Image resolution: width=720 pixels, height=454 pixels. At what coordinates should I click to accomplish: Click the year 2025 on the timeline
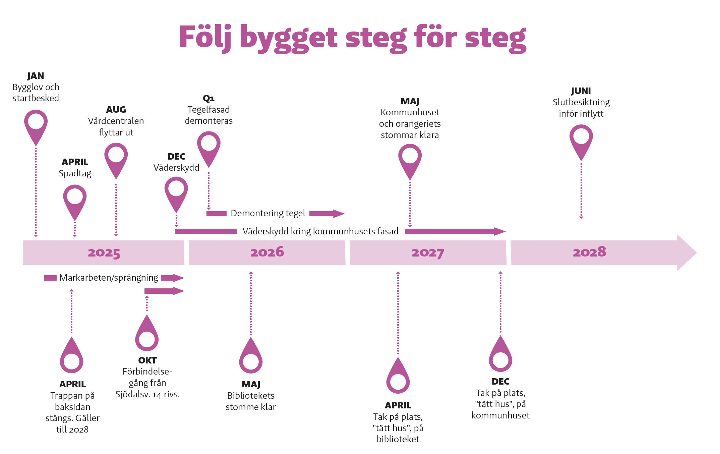pos(104,253)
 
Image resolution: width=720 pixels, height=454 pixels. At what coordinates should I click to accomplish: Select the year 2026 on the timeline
pos(267,252)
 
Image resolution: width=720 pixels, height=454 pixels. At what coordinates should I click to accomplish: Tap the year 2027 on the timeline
pos(428,253)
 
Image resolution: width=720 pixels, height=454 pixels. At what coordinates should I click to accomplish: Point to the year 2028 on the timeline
pos(589,252)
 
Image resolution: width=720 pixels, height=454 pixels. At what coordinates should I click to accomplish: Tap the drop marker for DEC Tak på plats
pos(500,357)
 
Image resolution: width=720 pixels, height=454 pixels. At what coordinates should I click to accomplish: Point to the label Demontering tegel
pos(268,213)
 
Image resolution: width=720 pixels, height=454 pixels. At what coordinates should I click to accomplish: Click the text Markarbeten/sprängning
pos(109,278)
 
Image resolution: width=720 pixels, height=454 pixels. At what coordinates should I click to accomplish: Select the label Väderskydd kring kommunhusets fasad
pos(320,231)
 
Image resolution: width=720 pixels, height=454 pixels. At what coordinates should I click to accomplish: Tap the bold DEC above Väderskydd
pos(176,157)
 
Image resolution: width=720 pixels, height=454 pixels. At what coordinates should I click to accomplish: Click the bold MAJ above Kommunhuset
pos(410,101)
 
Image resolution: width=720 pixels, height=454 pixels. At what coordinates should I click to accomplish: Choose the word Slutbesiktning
pos(581,102)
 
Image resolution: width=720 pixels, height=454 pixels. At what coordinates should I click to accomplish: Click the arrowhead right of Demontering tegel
pos(339,214)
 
